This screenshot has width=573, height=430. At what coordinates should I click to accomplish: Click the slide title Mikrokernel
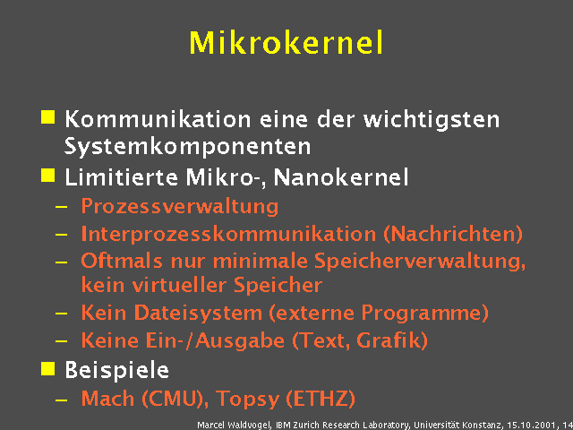286,42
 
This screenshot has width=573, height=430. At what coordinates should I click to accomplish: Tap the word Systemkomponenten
187,145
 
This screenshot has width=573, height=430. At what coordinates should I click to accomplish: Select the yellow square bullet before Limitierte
47,174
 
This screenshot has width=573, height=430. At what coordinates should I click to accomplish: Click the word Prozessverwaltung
179,207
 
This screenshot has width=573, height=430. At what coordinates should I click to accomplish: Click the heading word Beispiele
116,369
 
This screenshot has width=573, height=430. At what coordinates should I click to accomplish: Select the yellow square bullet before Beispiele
47,366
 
